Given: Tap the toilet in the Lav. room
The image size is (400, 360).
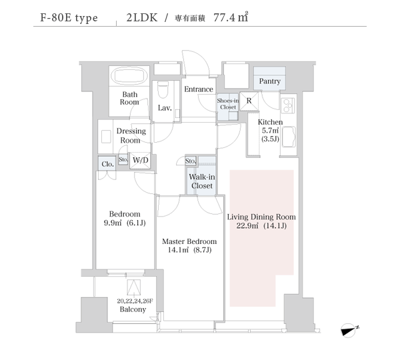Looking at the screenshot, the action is pos(163,89).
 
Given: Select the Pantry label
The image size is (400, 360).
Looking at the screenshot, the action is pos(269,81).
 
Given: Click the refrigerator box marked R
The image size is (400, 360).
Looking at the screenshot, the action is pos(249,101).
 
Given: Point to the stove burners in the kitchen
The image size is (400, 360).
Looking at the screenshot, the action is pos(288,105).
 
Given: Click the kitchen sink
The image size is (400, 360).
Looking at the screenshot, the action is pos(289,137).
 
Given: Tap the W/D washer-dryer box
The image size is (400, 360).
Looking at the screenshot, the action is pos(140,161).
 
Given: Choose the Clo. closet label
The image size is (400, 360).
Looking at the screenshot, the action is pos(107,164).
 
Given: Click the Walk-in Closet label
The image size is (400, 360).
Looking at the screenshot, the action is pos(202,181).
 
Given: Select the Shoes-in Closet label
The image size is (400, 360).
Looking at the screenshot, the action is pos(228,104).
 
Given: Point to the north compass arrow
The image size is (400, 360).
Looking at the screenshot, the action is pos(349,331).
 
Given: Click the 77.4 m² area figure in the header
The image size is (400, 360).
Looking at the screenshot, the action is pos(231,17).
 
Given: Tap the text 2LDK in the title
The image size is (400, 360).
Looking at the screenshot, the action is pos(142,17).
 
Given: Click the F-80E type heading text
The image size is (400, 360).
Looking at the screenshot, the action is pos(69,18).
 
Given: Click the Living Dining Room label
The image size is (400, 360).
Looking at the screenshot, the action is pos(261,217).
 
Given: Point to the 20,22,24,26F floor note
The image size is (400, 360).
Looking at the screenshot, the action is pos(135,301).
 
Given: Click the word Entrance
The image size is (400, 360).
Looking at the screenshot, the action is pos(199,89).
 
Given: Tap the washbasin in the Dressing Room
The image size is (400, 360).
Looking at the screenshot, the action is pos(106,137).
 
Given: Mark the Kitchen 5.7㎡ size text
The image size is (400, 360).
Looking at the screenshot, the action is pos(270,131).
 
